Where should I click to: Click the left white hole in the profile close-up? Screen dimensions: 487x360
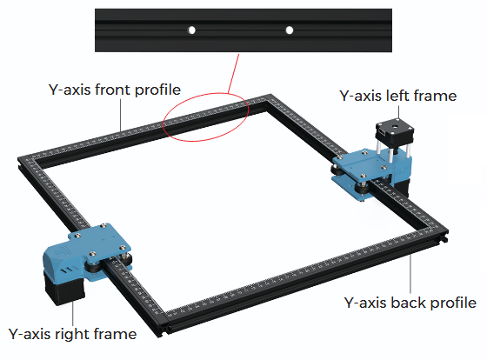192,30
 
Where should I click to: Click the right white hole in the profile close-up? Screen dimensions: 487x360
290,30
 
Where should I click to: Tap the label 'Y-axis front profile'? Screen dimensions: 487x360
115,90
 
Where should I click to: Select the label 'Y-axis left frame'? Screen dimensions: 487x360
398,96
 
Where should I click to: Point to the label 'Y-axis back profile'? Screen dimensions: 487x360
410,303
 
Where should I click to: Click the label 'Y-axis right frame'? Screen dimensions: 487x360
72,334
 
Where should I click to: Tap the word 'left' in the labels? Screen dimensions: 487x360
397,95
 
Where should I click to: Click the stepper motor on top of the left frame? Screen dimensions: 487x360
395,132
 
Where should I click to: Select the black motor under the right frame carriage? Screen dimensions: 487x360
64,288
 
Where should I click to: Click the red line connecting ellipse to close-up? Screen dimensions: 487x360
234,73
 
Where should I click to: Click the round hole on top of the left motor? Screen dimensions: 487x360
395,126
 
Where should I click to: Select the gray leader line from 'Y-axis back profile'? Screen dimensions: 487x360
410,273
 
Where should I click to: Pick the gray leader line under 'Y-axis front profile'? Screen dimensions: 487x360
121,115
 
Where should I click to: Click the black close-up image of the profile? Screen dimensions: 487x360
243,30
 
